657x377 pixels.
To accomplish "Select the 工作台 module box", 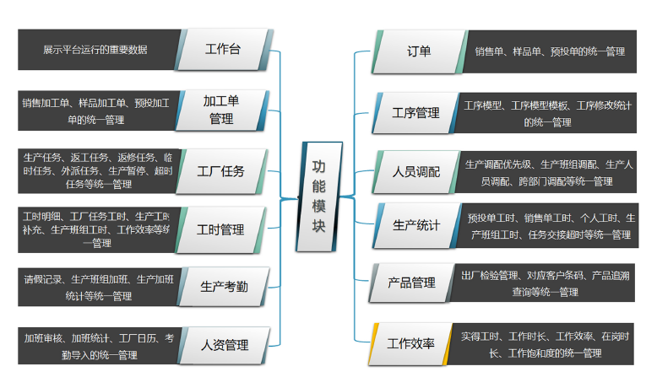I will point(223,50).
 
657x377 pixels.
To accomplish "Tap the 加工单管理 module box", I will point(222,110).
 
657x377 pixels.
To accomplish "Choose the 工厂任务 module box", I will point(221,170).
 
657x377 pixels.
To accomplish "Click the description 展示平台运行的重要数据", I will point(96,50).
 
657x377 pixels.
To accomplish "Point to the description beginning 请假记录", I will point(96,287).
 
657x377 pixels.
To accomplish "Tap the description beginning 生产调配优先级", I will point(547,172).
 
